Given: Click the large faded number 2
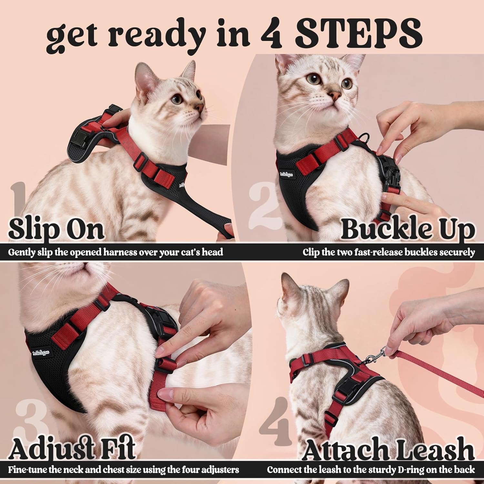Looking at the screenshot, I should (x=263, y=202).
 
